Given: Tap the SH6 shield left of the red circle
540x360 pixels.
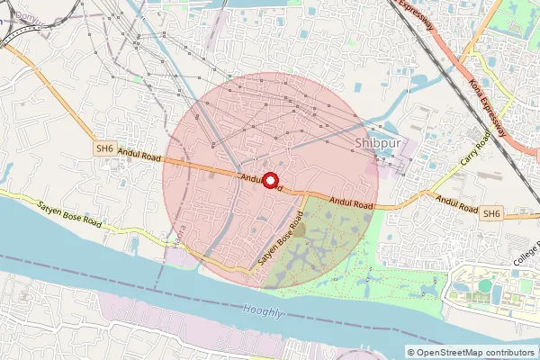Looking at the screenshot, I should tap(105, 148).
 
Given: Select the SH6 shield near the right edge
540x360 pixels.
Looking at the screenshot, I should tap(490, 213).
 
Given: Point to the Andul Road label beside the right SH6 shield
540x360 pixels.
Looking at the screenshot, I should tap(455, 204).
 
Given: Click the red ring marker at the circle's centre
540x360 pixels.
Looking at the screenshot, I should tap(267, 178).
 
